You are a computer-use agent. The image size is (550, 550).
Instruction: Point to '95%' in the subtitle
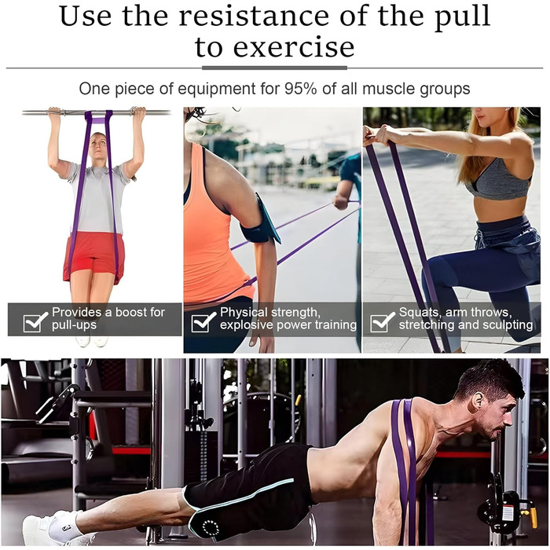coord(301,88)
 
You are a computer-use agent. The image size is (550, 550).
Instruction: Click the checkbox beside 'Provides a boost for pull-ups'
coord(35,321)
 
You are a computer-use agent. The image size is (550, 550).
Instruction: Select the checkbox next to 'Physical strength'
coord(203,321)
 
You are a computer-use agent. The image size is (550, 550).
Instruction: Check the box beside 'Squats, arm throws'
coord(382,321)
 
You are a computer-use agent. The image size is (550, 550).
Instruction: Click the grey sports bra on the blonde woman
coord(498,181)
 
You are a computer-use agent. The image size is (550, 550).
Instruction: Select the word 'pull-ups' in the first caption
coord(74,325)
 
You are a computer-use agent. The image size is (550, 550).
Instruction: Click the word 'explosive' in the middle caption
coord(247,325)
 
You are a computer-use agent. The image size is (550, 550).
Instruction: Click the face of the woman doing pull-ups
coord(98,145)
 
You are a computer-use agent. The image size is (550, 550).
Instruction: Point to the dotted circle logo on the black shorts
coord(211,528)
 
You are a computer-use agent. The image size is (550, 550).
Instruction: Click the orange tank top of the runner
coord(211,228)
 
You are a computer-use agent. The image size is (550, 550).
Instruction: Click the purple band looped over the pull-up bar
coord(98,117)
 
